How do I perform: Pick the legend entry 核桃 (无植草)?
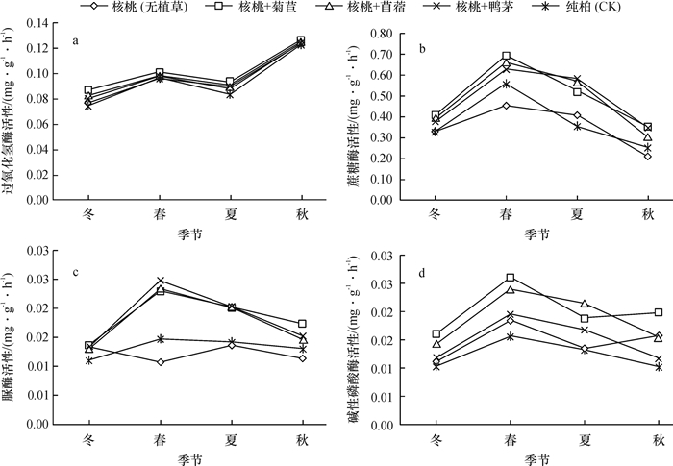point(149,8)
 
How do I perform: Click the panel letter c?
point(74,274)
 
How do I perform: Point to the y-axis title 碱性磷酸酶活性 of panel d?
point(358,341)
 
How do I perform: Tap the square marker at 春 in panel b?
point(506,56)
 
